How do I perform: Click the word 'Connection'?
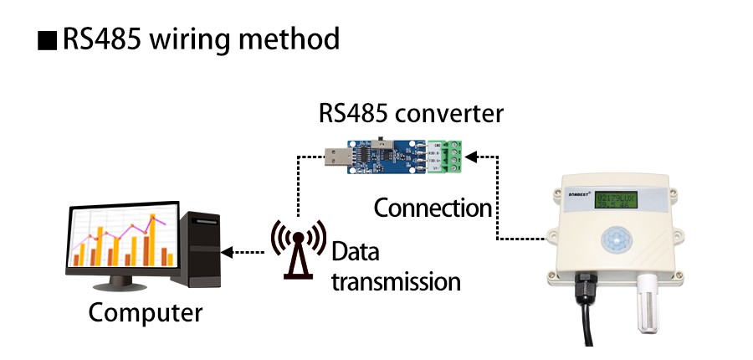433,207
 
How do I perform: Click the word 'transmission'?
396,281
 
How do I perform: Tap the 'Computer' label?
146,313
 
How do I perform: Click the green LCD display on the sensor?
615,202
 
